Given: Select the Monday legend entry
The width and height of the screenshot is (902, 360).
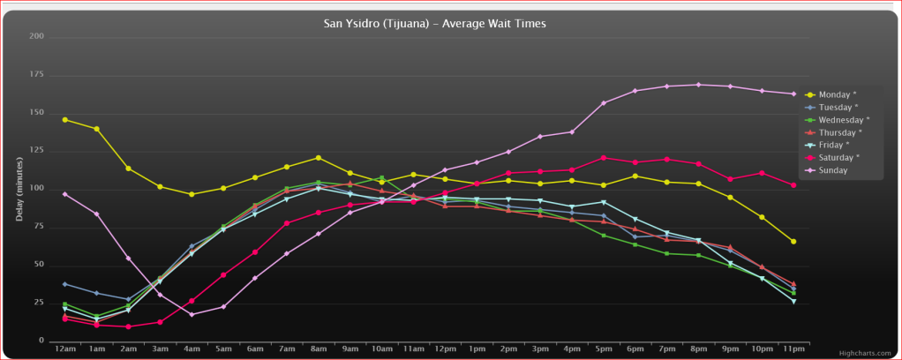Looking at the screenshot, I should coord(834,95).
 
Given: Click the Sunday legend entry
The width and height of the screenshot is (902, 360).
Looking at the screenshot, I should coord(832,170).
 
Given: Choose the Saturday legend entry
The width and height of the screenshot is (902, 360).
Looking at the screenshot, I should coord(838,158).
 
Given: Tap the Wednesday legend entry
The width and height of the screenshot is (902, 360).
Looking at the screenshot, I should coord(844,120).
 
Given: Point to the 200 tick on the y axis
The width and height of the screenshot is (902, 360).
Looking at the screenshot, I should coord(36,36).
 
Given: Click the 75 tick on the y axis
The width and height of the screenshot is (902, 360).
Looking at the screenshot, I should coord(39,227).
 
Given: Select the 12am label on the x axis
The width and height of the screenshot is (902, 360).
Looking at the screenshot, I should coord(64,350).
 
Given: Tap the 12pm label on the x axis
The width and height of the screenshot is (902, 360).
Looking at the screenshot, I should coord(445,350).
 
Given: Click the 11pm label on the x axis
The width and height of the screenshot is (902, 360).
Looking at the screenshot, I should coord(793,350).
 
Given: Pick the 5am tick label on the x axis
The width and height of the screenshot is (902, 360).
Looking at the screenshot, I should coord(223,350).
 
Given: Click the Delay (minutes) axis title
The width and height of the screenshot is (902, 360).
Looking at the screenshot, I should coord(19,189).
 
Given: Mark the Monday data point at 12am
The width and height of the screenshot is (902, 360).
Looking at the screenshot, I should coord(64,119).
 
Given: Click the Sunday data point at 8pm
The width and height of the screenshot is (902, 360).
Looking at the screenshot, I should coord(698,85).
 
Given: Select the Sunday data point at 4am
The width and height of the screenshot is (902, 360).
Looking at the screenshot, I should coord(192,314).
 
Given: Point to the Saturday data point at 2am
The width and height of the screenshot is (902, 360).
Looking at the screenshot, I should coord(128,326).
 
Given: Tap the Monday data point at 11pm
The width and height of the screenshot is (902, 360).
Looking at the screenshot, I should coord(793,241).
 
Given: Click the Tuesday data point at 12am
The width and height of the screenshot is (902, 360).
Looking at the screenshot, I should coord(64,284).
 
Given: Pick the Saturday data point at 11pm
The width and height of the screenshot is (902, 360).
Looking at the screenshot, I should coord(793,185).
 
